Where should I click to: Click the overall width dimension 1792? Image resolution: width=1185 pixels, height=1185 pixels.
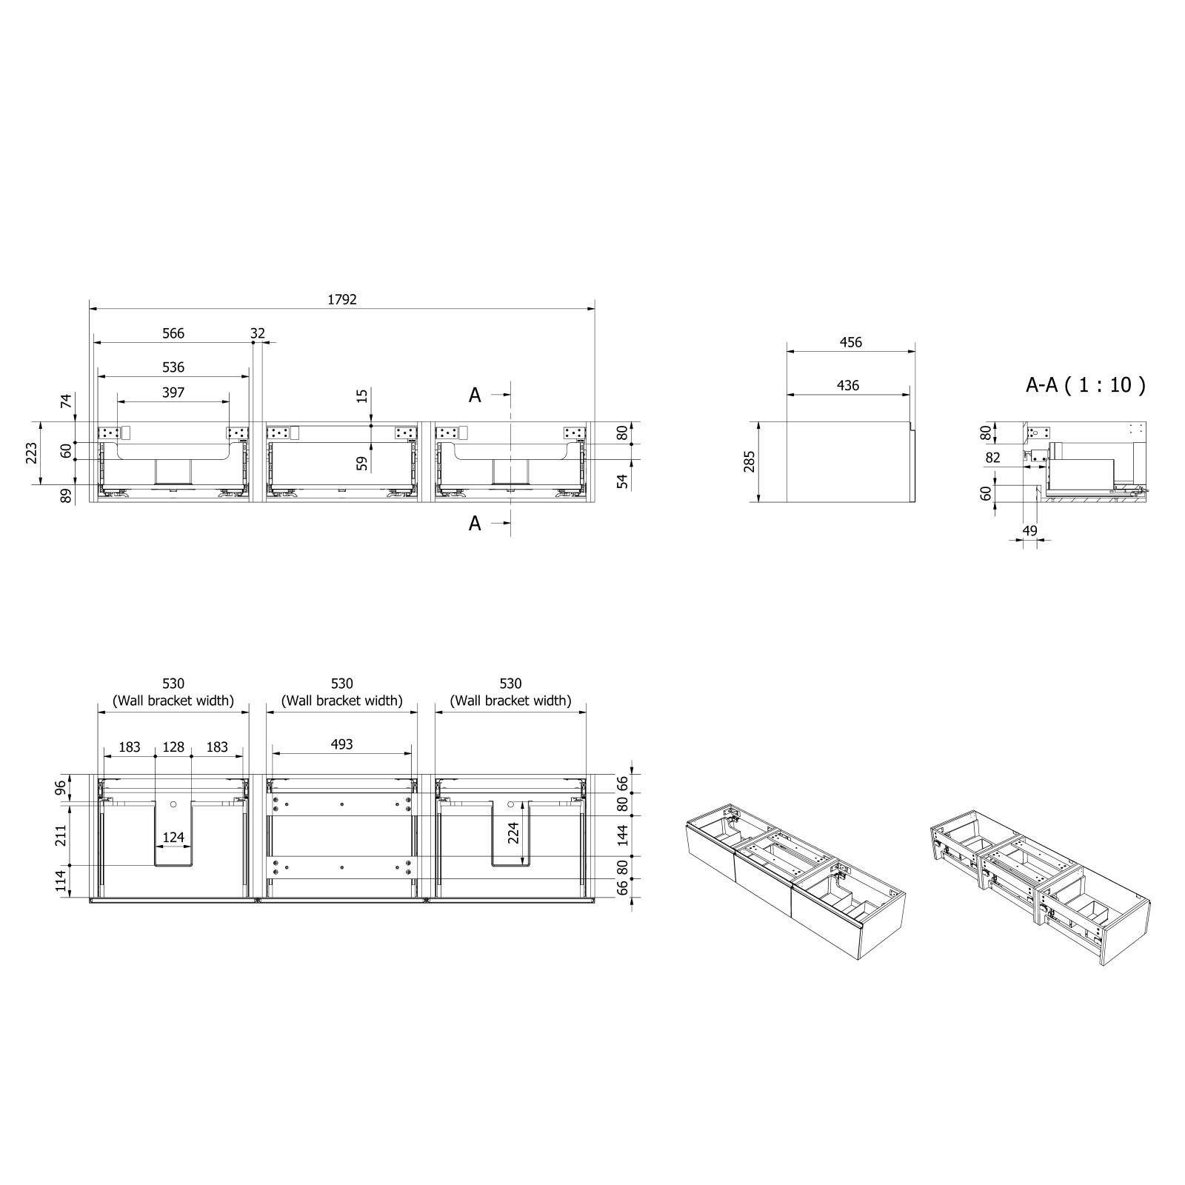(x=342, y=299)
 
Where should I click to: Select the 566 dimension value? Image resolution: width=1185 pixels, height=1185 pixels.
(x=173, y=333)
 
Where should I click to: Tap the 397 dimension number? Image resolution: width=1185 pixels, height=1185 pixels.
(x=173, y=393)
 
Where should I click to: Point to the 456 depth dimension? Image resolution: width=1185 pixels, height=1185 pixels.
(x=851, y=342)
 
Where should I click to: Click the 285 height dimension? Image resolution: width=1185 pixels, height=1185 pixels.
(x=750, y=461)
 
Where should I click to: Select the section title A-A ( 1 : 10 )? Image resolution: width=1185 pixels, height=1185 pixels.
(x=1086, y=384)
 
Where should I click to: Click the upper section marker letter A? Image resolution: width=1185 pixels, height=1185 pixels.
(x=475, y=395)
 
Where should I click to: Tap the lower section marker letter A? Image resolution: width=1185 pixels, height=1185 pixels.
(x=475, y=524)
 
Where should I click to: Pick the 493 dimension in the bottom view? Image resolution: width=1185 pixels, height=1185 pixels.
(x=342, y=744)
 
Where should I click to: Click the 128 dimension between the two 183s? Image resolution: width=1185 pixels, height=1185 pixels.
(x=173, y=747)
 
